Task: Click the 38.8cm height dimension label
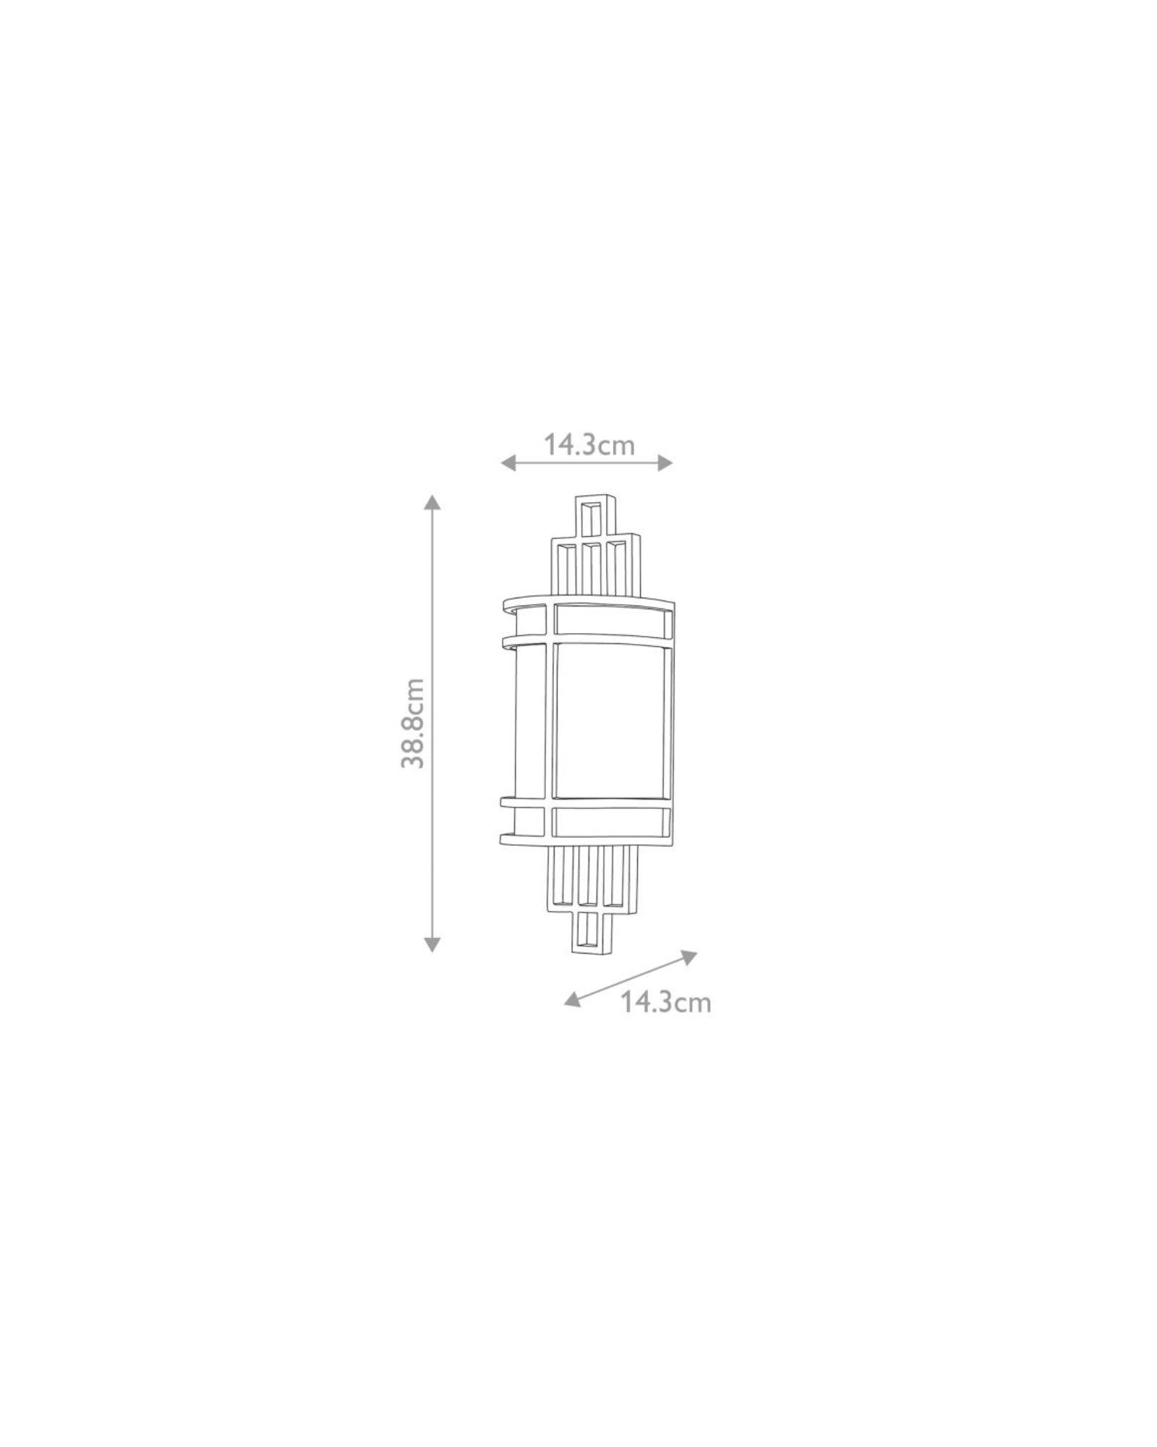(x=414, y=722)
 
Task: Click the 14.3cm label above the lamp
(x=589, y=444)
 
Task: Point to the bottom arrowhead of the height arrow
(x=432, y=943)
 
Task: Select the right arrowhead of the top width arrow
(x=665, y=463)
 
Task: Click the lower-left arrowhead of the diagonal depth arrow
(x=573, y=999)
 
